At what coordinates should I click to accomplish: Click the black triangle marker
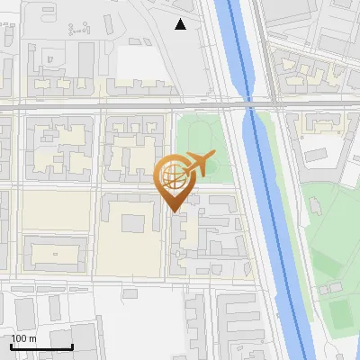181,24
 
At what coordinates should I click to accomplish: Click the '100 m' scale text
23,338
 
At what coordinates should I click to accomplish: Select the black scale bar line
41,346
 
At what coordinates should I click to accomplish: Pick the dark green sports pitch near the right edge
340,313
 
